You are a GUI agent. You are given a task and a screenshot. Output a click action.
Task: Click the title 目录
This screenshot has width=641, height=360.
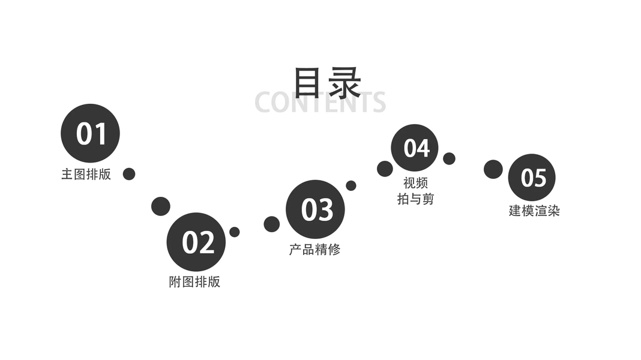[327, 82]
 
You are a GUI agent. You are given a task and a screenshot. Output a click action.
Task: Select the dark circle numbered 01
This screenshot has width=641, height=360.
[91, 133]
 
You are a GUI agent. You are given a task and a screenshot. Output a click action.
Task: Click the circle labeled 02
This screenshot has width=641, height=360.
[196, 242]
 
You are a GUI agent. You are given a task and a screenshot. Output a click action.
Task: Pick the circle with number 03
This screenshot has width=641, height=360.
[316, 209]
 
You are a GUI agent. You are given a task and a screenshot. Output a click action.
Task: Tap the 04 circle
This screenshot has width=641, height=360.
[415, 148]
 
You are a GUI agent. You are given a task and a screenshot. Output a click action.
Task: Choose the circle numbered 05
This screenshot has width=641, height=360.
[532, 177]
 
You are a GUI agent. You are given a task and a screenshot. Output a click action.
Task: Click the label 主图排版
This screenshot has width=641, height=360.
[86, 175]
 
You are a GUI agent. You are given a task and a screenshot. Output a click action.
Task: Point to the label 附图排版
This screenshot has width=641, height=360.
[194, 282]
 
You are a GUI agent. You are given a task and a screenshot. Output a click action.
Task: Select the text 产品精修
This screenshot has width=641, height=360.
[314, 250]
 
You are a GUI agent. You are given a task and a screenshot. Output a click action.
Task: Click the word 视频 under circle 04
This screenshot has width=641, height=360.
[415, 183]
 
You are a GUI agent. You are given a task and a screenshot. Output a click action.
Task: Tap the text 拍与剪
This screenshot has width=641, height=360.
[415, 199]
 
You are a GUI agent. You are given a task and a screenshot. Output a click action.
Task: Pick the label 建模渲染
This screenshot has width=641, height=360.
[534, 211]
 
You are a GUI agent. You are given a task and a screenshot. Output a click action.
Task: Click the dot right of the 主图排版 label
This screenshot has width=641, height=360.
[129, 174]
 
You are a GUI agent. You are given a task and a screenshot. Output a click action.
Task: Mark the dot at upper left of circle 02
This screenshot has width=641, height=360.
[160, 206]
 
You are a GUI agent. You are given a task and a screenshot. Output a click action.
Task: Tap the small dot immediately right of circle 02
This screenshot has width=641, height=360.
[235, 232]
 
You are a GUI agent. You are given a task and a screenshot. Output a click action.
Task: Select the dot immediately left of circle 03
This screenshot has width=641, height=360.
[272, 224]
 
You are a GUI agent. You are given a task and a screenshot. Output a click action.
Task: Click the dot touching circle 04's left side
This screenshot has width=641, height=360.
[385, 169]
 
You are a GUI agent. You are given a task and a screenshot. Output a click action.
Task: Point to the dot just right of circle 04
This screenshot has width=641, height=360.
[449, 159]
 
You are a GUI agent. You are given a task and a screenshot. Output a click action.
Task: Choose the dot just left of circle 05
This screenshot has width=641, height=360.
[493, 169]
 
